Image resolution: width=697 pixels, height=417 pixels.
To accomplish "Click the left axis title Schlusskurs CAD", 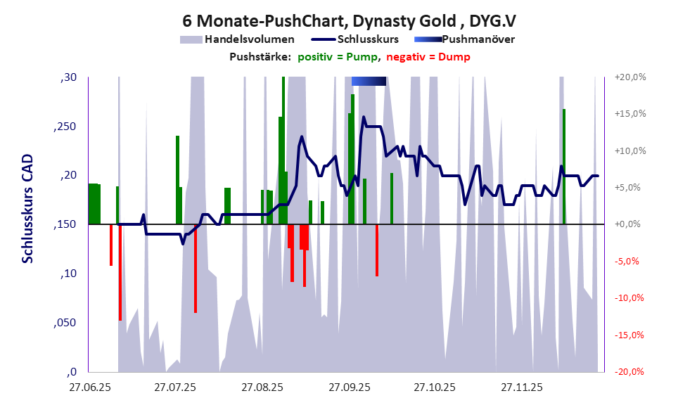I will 28,209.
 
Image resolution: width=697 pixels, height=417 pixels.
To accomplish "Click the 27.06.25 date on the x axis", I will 89,387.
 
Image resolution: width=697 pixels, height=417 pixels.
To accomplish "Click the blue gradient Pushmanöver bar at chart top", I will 369,82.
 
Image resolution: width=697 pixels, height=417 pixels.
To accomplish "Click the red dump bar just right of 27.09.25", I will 377,250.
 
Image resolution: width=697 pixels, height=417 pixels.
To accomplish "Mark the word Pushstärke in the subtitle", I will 260,58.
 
